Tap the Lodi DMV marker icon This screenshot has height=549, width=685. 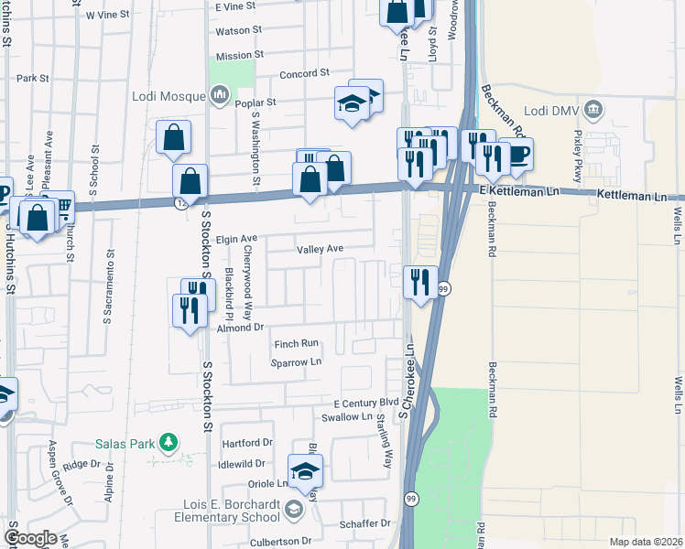(594, 111)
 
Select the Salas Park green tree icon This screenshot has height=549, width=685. (168, 443)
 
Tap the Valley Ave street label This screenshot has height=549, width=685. (320, 249)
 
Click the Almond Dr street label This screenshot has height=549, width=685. (240, 327)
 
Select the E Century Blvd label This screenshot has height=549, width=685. (366, 403)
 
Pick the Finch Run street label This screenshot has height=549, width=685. (296, 344)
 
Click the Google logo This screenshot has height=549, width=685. (30, 538)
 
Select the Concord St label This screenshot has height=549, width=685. (303, 73)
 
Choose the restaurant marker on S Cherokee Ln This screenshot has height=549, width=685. (420, 280)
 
